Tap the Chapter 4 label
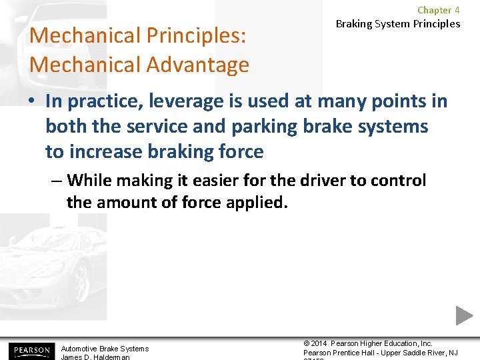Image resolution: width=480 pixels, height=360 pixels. [438, 10]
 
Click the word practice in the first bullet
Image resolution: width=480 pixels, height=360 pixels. [105, 101]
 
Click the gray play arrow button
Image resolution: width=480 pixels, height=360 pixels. [464, 315]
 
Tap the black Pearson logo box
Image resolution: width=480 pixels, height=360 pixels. [30, 350]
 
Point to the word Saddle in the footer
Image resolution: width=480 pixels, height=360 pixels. [416, 353]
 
